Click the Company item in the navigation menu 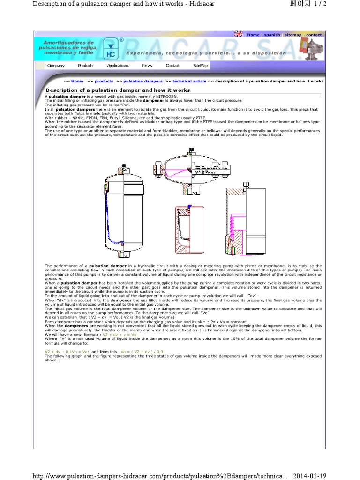pos(56,66)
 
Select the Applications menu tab pos(118,66)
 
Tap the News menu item pos(147,66)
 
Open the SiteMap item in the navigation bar pos(200,66)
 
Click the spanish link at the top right pos(272,35)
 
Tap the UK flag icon pos(239,34)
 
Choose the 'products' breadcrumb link pos(104,81)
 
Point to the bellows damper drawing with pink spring pos(246,218)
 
